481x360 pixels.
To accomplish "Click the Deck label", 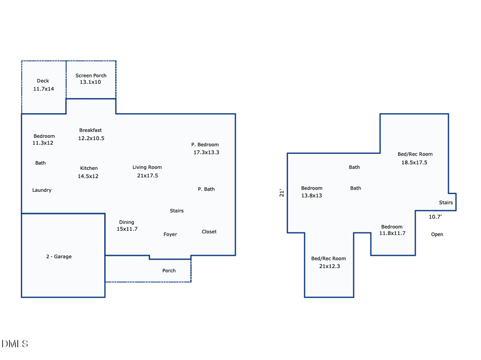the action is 43,81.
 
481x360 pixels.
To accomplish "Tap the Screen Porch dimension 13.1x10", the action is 90,82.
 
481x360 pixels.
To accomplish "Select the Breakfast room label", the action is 90,130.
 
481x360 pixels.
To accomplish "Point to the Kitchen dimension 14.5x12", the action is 88,176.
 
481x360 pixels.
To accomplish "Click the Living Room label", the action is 148,167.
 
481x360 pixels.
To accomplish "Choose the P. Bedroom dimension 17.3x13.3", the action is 206,152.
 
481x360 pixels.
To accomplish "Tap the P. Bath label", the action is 206,189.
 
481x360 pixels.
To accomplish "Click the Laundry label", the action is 42,190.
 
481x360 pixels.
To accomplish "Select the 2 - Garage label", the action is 59,257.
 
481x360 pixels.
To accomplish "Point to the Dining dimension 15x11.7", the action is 127,229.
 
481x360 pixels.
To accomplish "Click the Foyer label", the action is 170,234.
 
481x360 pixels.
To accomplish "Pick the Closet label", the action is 209,232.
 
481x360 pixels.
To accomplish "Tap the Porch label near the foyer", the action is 169,271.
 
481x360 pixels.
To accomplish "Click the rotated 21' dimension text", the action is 282,193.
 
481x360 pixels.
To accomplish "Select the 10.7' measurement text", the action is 435,217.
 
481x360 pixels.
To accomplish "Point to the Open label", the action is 437,234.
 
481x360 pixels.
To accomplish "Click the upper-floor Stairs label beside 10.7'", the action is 446,202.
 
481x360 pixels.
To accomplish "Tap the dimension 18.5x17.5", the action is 414,162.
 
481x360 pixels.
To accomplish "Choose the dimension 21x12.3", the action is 329,266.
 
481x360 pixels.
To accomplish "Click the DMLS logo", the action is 15,344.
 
